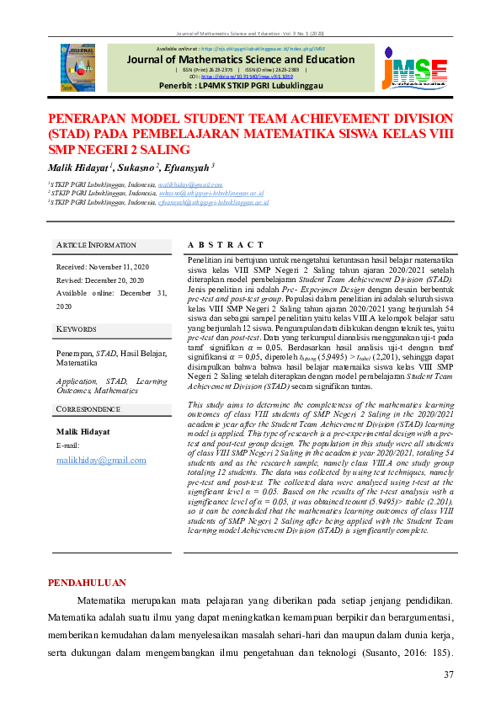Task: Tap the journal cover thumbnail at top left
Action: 77,67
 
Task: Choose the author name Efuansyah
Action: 187,168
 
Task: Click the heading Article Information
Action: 90,245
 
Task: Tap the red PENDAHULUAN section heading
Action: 88,582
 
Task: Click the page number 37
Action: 448,675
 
